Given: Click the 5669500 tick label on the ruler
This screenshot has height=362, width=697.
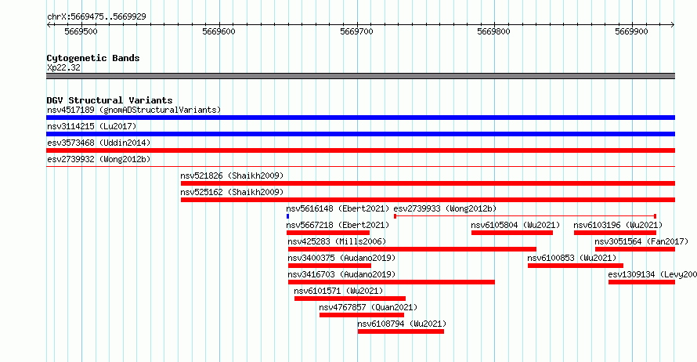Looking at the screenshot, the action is point(81,31).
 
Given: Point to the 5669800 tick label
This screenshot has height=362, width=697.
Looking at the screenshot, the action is point(493,31).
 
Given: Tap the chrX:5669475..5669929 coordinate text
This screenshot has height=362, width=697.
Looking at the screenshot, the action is point(96,17).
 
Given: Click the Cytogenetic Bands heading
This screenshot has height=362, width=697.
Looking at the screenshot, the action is point(93,58).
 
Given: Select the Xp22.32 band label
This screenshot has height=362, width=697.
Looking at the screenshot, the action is point(63,67).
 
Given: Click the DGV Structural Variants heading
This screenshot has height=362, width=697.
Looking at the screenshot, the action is point(110,100).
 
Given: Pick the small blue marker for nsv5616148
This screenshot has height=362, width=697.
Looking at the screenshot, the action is point(287,216).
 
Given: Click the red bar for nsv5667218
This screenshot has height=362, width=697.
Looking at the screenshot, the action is point(328,233).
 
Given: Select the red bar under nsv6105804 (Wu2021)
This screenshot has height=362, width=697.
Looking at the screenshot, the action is point(512,233).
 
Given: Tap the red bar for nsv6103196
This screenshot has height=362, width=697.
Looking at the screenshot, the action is point(615,233).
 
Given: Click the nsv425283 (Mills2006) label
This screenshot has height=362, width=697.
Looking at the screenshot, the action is point(337,241).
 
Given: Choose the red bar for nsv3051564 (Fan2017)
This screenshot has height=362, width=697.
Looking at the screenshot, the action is point(635,249).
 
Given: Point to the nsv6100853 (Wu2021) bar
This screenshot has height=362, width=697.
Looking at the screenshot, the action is point(575,266).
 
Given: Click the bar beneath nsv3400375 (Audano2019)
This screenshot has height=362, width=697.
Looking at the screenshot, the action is point(330,266).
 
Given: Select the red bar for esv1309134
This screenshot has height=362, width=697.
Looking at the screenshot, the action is point(641,282).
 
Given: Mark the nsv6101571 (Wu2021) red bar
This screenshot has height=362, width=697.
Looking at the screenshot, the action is point(350,299).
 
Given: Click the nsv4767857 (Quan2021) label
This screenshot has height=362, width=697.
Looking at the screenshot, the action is point(368,307).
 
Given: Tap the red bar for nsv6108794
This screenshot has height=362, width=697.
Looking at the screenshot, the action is point(400,331).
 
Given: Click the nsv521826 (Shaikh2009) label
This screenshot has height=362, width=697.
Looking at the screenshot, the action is point(232,176).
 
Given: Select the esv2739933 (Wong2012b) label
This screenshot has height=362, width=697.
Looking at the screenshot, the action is point(445,208).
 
